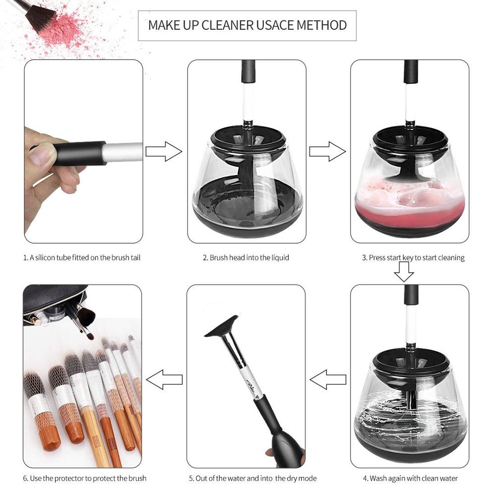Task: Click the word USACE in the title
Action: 275,25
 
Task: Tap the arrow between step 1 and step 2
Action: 164,151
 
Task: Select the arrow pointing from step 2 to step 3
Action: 327,151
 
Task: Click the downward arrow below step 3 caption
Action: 404,271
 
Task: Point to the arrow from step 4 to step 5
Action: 328,379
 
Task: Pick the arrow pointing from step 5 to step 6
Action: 164,379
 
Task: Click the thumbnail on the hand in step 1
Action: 41,156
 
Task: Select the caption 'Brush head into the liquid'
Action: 249,258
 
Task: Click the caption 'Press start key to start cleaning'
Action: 417,258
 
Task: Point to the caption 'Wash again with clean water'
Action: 414,478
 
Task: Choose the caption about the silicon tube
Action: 85,258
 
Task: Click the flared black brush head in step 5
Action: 221,326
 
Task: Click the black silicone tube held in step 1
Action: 80,153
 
